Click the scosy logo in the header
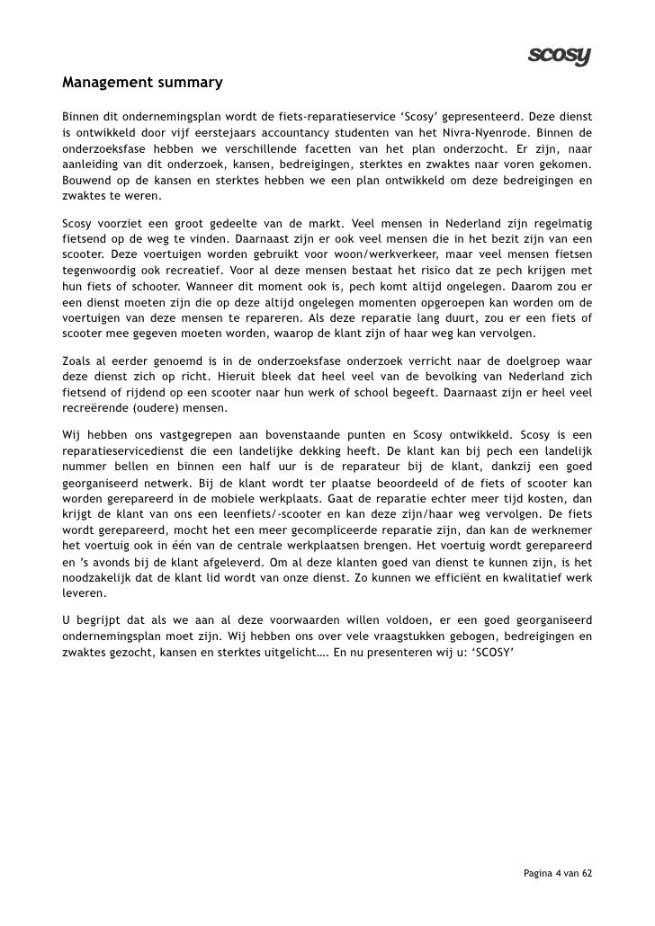(558, 56)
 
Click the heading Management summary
(141, 84)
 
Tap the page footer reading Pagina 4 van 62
(558, 873)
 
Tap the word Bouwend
(86, 182)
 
